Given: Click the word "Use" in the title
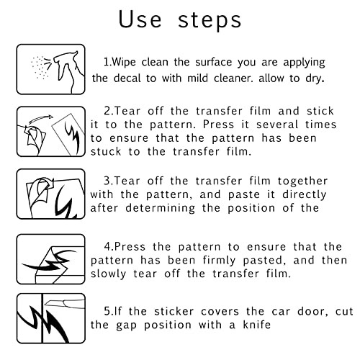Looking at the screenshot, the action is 140,19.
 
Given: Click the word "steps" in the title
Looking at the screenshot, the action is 210,21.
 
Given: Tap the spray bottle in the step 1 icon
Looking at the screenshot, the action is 69,71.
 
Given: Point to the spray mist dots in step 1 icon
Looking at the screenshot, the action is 40,68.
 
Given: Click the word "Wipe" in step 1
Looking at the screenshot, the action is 124,62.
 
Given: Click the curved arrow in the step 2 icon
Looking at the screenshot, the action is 41,119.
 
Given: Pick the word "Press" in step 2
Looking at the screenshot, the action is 218,125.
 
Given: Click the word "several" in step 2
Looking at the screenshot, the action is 277,125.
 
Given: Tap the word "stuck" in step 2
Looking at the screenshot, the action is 106,152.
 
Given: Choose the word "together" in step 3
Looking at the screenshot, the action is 303,181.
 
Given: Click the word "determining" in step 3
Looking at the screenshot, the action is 161,208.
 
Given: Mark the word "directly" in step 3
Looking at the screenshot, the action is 305,194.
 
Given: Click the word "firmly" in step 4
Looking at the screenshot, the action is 219,261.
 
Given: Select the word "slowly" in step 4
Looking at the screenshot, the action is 108,274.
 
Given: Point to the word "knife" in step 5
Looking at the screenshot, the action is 257,325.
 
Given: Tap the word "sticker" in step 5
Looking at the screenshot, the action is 174,312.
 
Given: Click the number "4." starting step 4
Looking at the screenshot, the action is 109,247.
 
